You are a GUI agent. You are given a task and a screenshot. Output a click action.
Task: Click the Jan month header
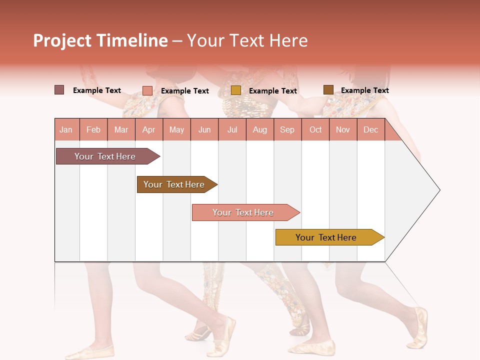66,129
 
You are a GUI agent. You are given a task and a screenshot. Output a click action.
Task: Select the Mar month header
121,129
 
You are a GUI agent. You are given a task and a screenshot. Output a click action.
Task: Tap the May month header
176,129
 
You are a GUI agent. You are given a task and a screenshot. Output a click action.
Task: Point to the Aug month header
259,129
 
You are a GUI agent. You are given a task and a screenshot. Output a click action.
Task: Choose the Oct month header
315,129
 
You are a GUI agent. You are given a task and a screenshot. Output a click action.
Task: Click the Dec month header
370,129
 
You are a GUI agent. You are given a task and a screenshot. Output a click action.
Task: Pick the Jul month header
232,129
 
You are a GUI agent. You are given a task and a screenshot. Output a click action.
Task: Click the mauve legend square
59,90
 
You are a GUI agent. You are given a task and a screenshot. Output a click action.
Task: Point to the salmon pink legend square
147,90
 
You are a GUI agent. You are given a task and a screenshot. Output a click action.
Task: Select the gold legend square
236,90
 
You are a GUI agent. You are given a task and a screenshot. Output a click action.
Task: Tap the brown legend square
328,90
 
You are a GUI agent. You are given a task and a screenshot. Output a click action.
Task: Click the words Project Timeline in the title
100,40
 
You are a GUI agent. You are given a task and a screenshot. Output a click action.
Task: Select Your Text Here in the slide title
247,40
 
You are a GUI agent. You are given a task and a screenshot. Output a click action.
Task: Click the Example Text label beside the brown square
364,90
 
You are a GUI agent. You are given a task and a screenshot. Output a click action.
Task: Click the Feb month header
93,129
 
